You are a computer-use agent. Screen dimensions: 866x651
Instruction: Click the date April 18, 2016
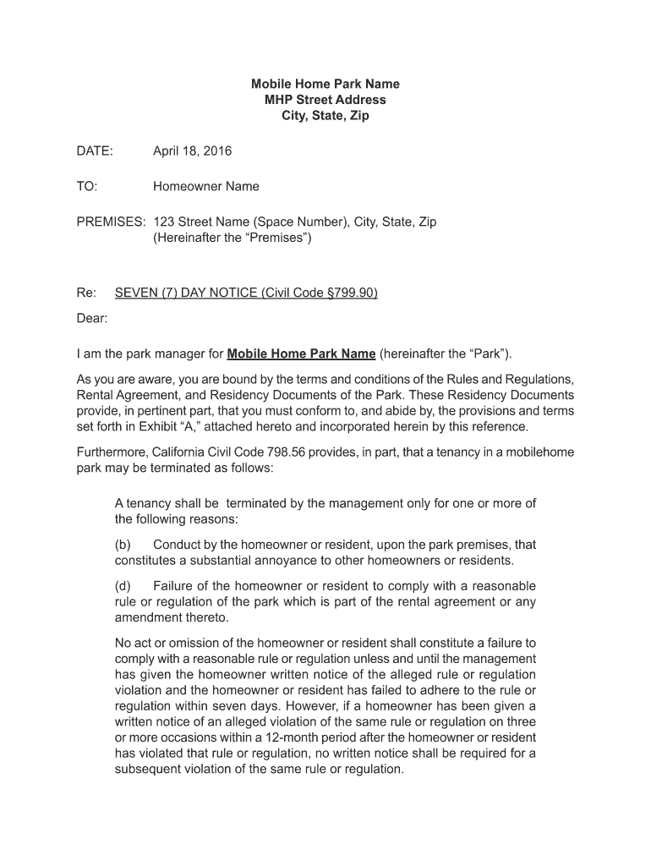(x=192, y=151)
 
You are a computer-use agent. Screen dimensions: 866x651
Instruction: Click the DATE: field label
(x=95, y=151)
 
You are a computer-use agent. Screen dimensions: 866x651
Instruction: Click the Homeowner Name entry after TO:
(x=206, y=186)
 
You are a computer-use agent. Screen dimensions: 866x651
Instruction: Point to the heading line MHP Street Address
(x=325, y=100)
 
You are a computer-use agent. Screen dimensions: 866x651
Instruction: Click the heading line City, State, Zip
(x=325, y=116)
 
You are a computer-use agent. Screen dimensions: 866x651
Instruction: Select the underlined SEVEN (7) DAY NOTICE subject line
(x=246, y=293)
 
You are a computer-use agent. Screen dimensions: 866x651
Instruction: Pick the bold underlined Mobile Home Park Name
(x=302, y=354)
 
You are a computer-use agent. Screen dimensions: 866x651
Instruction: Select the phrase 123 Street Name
(x=200, y=222)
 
